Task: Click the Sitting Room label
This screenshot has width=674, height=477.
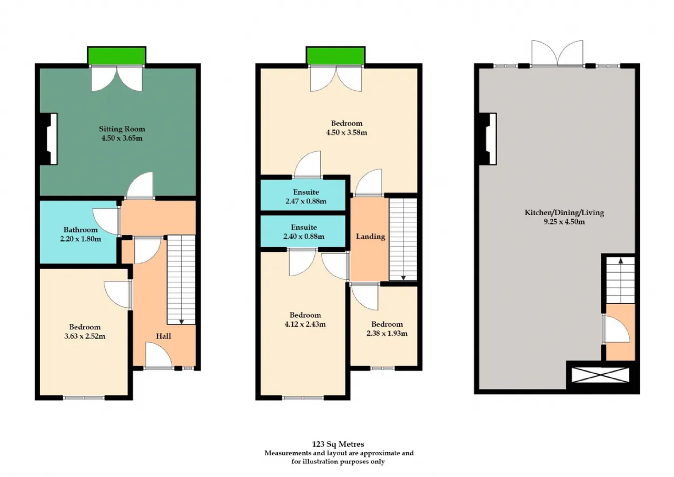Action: point(122,129)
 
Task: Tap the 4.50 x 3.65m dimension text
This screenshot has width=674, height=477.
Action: point(122,138)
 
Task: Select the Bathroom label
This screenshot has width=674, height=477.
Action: point(81,230)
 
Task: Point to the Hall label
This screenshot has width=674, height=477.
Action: point(163,336)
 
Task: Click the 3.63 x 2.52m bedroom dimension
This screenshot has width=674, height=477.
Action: point(85,336)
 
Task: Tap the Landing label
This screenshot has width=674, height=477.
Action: point(370,237)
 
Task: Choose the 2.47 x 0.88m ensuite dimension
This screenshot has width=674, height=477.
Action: point(306,201)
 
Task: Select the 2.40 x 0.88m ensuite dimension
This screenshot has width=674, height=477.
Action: point(304,237)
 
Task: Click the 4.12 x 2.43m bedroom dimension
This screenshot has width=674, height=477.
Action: point(305,324)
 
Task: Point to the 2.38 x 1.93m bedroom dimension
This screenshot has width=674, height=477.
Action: point(387,333)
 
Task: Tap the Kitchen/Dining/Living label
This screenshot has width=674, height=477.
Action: point(564,212)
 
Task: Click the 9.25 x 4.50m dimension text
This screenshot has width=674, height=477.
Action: point(564,222)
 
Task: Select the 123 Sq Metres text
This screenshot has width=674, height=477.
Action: point(338,444)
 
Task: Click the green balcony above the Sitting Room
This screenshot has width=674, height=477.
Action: point(117,56)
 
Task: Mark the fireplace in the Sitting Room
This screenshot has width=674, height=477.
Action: point(48,139)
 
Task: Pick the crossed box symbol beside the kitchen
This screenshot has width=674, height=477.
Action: point(600,375)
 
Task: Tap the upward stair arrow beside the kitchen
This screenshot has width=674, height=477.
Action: point(620,261)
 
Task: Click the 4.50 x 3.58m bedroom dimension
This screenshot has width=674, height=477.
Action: point(346,132)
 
